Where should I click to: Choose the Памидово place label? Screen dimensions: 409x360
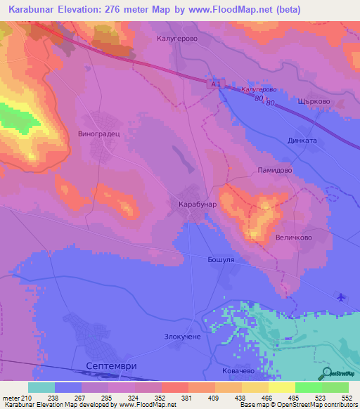[274, 170]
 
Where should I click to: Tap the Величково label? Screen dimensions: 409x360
[293, 238]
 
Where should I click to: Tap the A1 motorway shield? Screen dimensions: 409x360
[217, 84]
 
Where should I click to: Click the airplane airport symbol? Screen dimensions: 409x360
[342, 297]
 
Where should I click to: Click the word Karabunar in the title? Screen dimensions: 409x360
[33, 9]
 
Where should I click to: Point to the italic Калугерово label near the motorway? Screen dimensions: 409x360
[259, 90]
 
